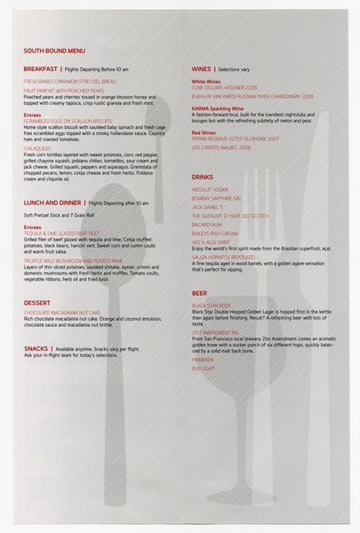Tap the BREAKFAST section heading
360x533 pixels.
[41, 68]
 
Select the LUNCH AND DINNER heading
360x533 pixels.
[52, 203]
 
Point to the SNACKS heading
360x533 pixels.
[36, 348]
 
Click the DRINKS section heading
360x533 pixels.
[203, 178]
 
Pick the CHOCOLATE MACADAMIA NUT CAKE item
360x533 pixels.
[65, 314]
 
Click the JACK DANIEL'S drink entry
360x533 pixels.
[213, 207]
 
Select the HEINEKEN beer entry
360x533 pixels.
[204, 359]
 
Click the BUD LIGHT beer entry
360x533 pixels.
[204, 368]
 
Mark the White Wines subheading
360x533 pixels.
[206, 81]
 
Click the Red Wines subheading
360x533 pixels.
[204, 132]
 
